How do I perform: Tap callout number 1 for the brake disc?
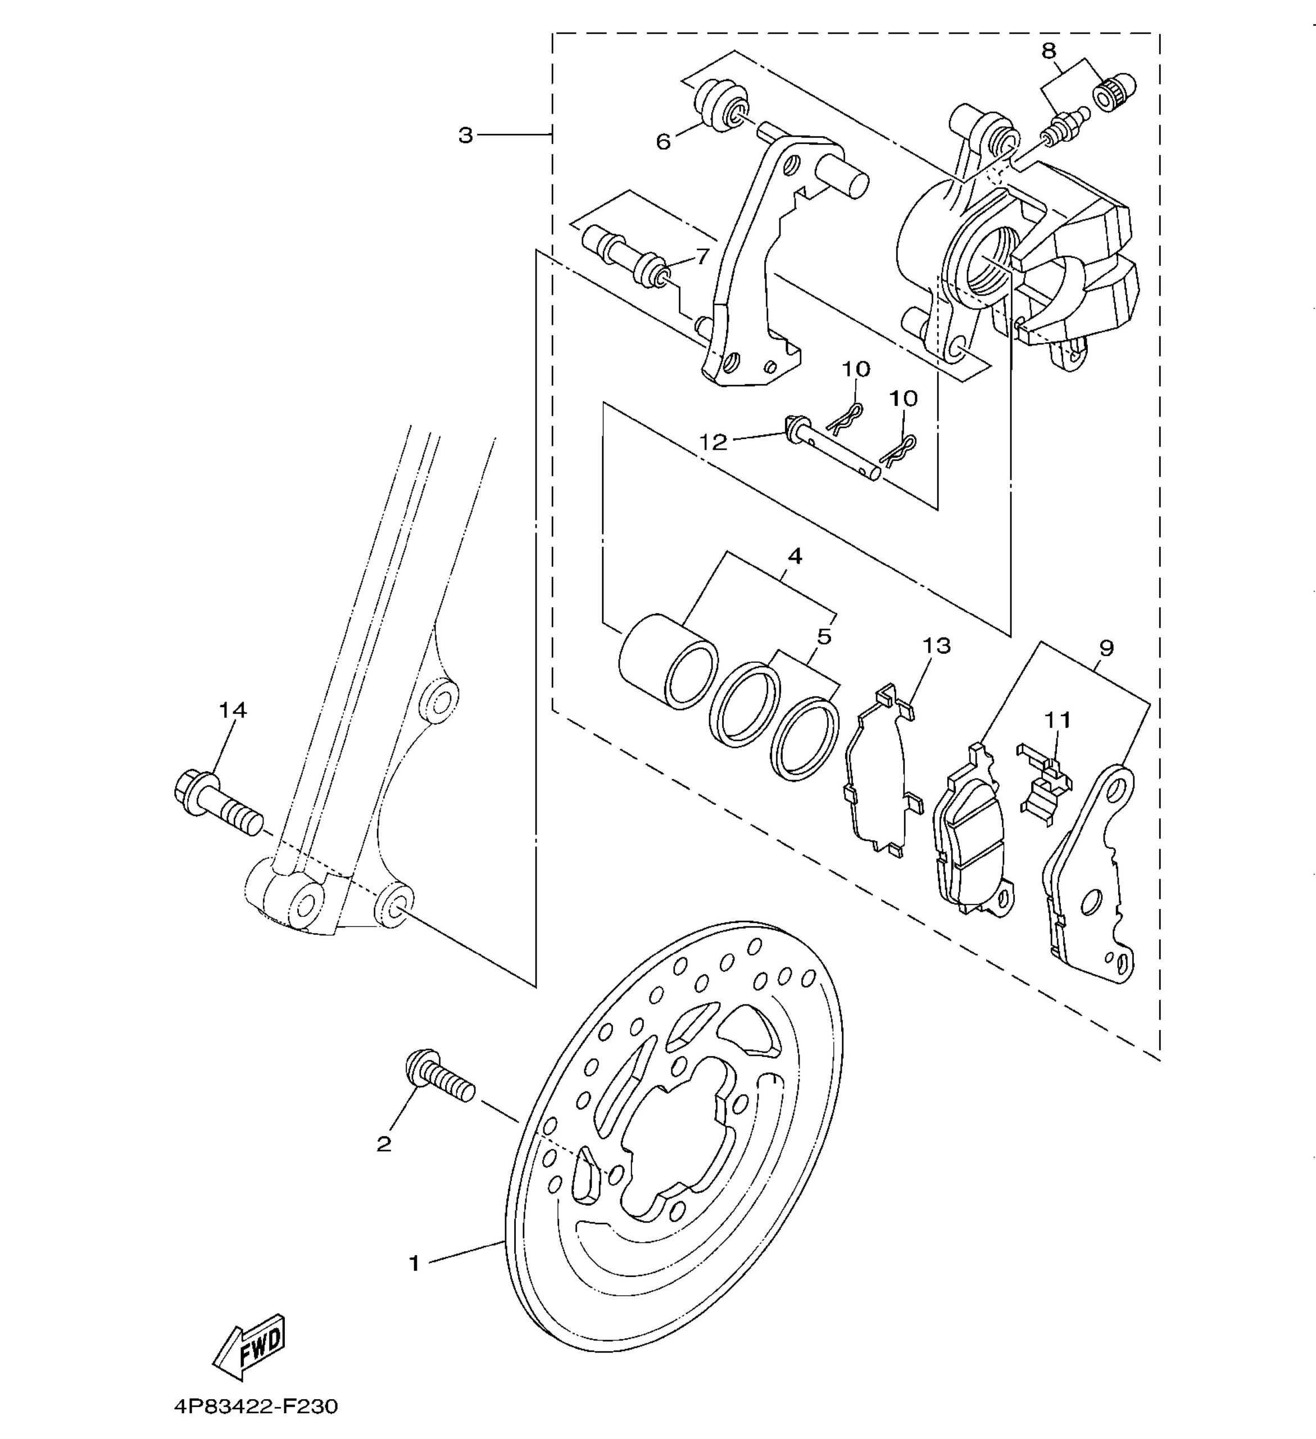(414, 1264)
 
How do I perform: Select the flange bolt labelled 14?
(217, 803)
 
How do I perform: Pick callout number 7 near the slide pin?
(702, 256)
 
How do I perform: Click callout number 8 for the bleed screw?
(1049, 51)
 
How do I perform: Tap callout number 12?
(713, 442)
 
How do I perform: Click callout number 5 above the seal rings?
(824, 636)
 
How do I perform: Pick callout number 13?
(936, 645)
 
